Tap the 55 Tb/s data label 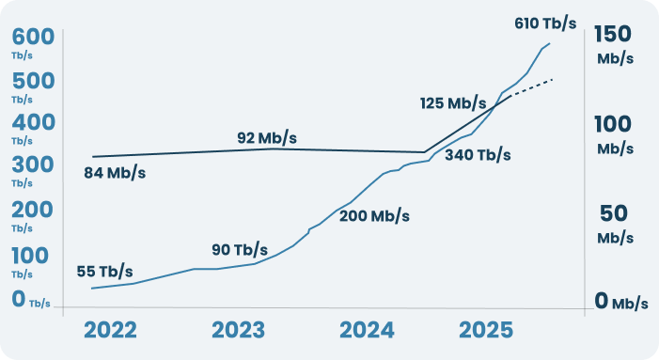[104, 272]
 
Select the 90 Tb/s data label [240, 250]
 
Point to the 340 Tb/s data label [478, 154]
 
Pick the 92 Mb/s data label [267, 138]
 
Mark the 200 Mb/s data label [374, 215]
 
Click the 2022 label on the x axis [111, 331]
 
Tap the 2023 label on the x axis [239, 331]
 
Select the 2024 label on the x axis [366, 331]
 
